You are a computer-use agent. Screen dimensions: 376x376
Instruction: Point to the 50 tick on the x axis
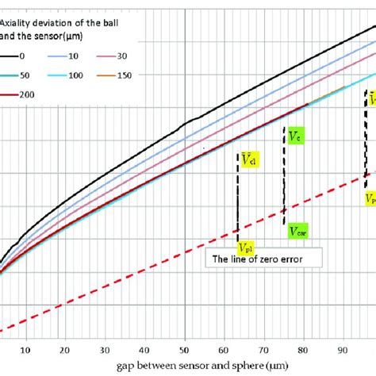184,347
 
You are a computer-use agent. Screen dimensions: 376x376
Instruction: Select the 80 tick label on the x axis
303,347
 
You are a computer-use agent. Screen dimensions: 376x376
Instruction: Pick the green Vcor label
299,231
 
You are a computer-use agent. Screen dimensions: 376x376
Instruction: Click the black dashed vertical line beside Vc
284,182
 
